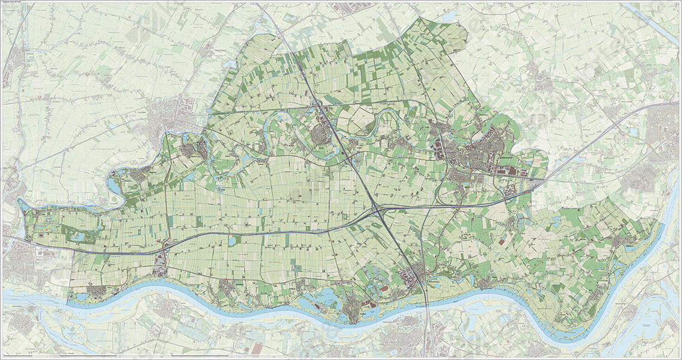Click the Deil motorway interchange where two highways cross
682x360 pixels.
[x=378, y=210]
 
